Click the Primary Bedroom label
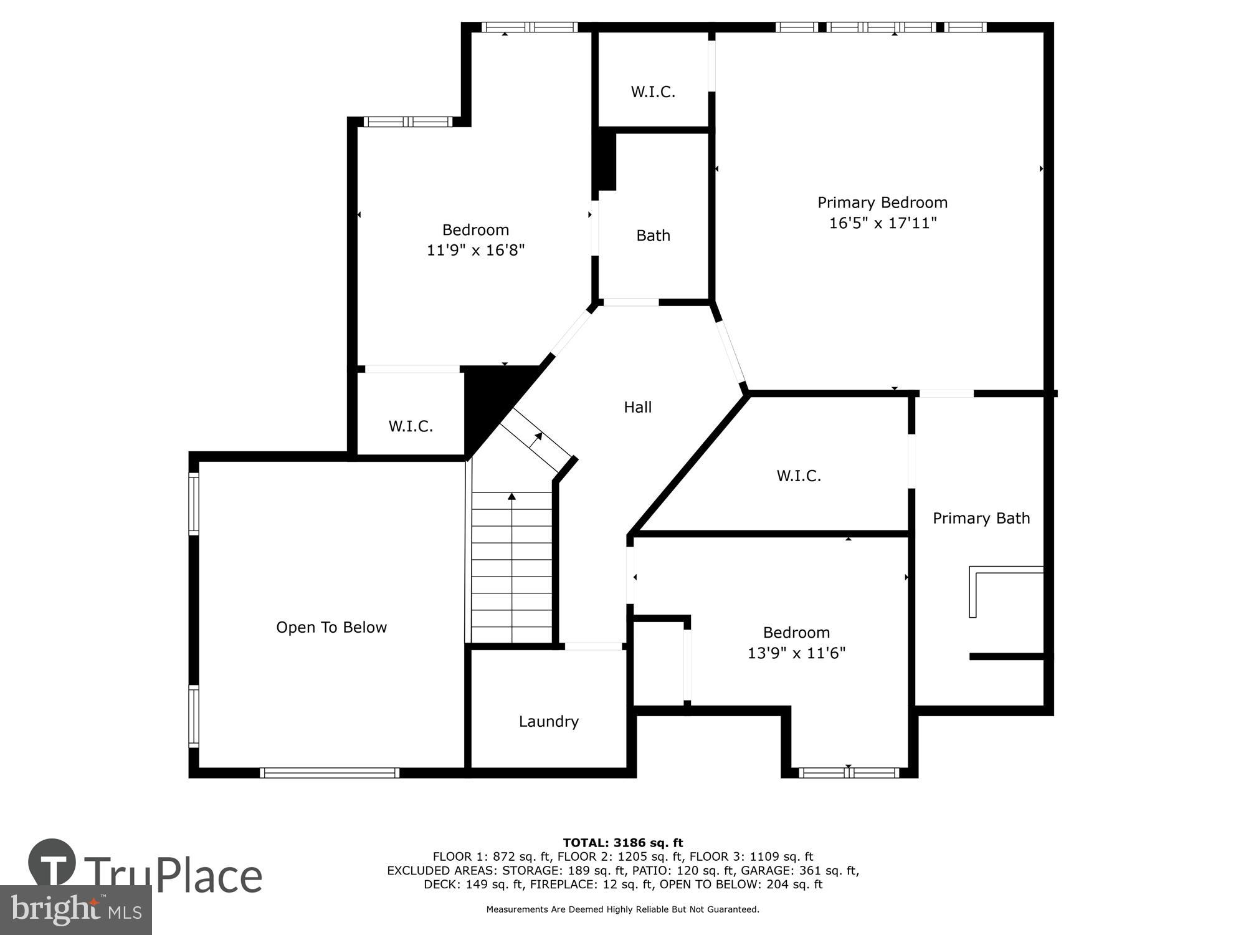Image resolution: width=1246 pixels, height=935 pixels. click(x=882, y=203)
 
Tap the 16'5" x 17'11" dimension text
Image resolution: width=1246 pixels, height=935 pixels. click(x=882, y=223)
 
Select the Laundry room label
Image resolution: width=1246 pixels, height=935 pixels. click(x=548, y=721)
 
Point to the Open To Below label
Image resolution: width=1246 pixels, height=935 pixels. click(x=331, y=627)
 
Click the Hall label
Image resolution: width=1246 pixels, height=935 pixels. click(x=637, y=407)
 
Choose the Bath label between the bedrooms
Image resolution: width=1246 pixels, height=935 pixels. click(x=653, y=236)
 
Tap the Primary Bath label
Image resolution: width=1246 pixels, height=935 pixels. click(x=981, y=518)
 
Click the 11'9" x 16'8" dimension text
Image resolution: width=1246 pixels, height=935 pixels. click(x=475, y=251)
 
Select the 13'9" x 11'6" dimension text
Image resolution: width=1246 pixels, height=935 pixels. click(x=796, y=653)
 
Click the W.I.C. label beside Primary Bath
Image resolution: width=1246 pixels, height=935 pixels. click(x=798, y=476)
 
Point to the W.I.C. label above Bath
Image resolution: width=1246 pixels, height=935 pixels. click(x=652, y=92)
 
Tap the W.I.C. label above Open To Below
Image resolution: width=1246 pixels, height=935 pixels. click(x=411, y=426)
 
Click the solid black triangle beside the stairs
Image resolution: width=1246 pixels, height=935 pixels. click(x=489, y=399)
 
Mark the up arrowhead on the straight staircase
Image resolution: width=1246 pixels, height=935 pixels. click(x=511, y=496)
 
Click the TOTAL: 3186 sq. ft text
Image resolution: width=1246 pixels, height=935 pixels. click(x=622, y=843)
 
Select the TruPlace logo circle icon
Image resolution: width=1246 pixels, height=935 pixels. click(x=52, y=863)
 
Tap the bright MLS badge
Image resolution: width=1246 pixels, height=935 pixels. click(x=75, y=910)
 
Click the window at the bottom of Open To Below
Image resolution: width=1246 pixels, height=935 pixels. click(x=330, y=773)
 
